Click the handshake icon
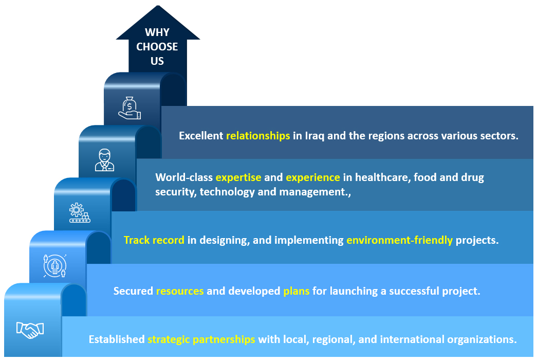pyautogui.click(x=30, y=330)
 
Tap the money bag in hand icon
pyautogui.click(x=129, y=108)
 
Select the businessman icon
pyautogui.click(x=104, y=160)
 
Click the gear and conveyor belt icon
pyautogui.click(x=80, y=212)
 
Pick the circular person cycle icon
pyautogui.click(x=55, y=266)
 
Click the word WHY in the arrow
pyautogui.click(x=157, y=32)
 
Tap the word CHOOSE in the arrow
pyautogui.click(x=157, y=47)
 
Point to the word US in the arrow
pyautogui.click(x=157, y=61)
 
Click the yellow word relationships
pyautogui.click(x=258, y=136)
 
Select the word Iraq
pyautogui.click(x=314, y=136)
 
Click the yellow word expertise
pyautogui.click(x=238, y=177)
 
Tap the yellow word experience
pyautogui.click(x=313, y=177)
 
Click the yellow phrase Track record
pyautogui.click(x=154, y=240)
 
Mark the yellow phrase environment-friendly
pyautogui.click(x=400, y=240)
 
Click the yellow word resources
pyautogui.click(x=180, y=291)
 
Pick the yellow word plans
pyautogui.click(x=296, y=291)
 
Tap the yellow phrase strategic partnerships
pyautogui.click(x=201, y=339)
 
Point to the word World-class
pyautogui.click(x=184, y=177)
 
